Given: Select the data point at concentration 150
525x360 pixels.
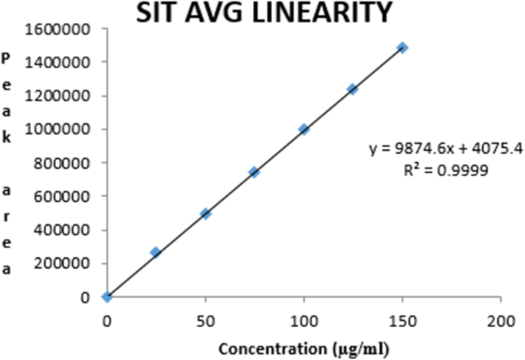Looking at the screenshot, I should click(x=402, y=47).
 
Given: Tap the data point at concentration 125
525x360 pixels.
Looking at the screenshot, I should click(x=353, y=89).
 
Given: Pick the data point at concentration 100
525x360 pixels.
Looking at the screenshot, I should click(x=304, y=129).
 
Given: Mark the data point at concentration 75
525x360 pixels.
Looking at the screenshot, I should click(x=254, y=172).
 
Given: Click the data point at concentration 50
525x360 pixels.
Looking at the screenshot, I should click(x=205, y=214).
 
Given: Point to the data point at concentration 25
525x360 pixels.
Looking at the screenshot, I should click(x=156, y=252).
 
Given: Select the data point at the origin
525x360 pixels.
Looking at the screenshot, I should click(x=107, y=297).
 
